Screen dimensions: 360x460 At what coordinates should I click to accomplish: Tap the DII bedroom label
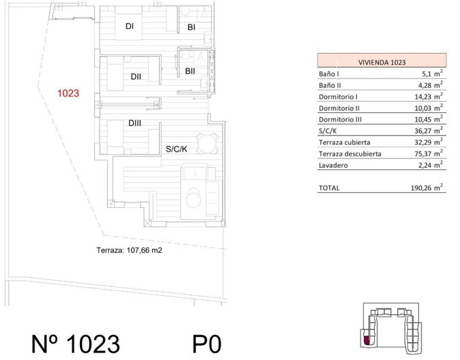pyautogui.click(x=136, y=76)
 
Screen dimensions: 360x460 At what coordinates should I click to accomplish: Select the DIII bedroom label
pyautogui.click(x=134, y=123)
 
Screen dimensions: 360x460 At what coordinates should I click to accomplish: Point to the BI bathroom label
pyautogui.click(x=191, y=28)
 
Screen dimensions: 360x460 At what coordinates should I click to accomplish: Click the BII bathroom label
pyautogui.click(x=190, y=70)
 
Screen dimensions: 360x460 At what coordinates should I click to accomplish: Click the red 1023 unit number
pyautogui.click(x=69, y=94)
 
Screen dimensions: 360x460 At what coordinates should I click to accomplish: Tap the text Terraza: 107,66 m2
pyautogui.click(x=129, y=250)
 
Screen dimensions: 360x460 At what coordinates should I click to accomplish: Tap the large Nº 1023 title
pyautogui.click(x=76, y=344)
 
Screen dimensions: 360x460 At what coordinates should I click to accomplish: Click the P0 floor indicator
pyautogui.click(x=207, y=344)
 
